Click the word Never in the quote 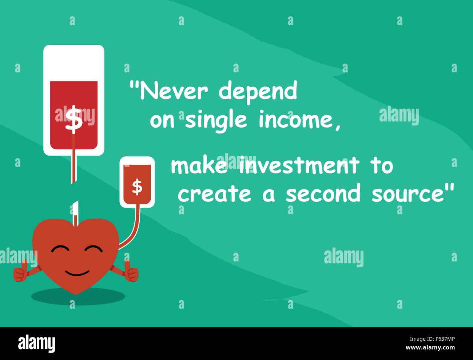[174, 90]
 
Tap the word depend [258, 93]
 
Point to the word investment [299, 165]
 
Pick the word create [215, 193]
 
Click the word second [323, 192]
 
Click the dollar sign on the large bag [73, 120]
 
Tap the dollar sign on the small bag [137, 188]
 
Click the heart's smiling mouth [77, 273]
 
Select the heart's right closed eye [94, 249]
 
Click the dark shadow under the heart [78, 297]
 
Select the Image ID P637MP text [432, 339]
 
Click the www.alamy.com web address [430, 348]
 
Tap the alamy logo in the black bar [37, 343]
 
